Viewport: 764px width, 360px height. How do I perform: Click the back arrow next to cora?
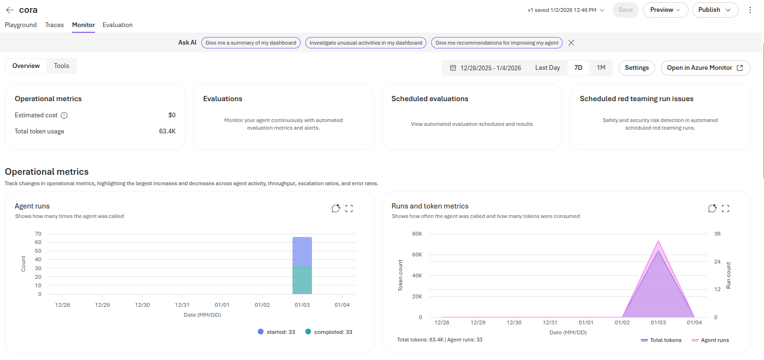tap(9, 10)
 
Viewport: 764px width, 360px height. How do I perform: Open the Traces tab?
tap(54, 25)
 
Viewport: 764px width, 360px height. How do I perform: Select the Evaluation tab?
tap(117, 25)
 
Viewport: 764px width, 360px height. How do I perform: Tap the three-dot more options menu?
tap(750, 10)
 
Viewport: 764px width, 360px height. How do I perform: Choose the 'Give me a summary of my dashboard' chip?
tap(251, 43)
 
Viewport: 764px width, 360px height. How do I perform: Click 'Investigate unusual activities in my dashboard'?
tap(366, 43)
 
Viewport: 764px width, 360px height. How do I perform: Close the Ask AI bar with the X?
tap(571, 43)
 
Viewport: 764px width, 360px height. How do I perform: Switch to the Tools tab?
tap(61, 66)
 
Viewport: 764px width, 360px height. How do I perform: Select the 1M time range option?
tap(601, 68)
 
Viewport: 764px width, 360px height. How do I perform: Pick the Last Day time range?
tap(547, 68)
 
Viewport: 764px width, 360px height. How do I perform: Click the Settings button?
tap(636, 68)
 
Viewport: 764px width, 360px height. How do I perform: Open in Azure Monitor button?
tap(705, 68)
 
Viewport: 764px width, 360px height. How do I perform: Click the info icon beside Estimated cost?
tap(64, 115)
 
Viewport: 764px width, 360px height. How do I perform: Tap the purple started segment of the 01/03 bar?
tap(302, 251)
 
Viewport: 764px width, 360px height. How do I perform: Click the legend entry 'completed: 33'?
tap(329, 332)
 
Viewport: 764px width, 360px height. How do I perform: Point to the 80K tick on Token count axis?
tap(417, 234)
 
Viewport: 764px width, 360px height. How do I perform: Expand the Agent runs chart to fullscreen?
tap(349, 208)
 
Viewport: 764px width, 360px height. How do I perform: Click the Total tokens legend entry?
tap(661, 340)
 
